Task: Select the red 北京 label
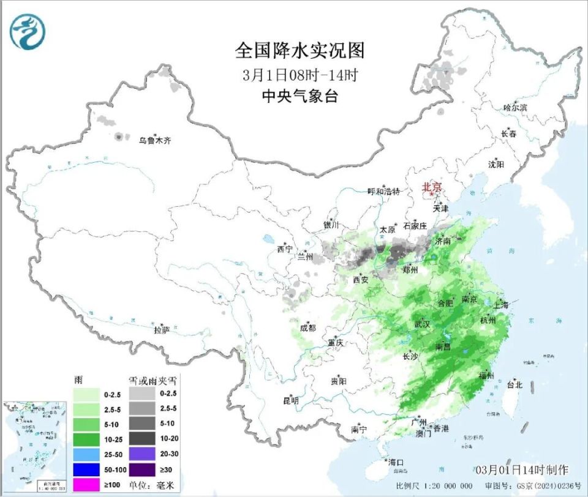coord(432,187)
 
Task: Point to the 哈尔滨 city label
coord(515,108)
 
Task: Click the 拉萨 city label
coord(161,330)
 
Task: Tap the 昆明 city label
coord(290,401)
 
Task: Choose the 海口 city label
coord(396,461)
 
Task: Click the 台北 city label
coord(514,385)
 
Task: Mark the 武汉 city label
coord(422,323)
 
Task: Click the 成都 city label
coord(308,328)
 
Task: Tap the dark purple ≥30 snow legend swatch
coord(143,470)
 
